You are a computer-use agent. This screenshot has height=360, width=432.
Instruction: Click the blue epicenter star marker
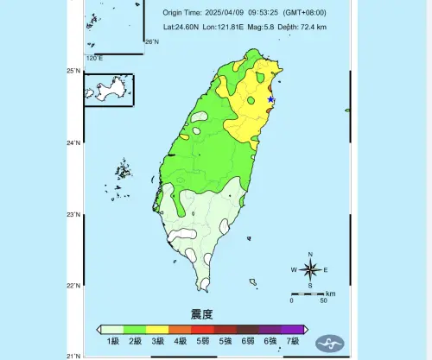pos(270,99)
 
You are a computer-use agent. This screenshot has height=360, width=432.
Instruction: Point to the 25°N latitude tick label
pos(75,71)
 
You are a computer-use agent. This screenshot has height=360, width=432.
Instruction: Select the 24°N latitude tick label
pos(75,142)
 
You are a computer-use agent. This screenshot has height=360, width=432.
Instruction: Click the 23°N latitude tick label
pos(75,214)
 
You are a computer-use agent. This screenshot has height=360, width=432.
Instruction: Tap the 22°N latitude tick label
pos(75,286)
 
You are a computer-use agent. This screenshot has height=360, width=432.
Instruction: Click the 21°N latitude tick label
pos(75,355)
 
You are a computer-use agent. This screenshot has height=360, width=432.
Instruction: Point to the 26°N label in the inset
pos(152,41)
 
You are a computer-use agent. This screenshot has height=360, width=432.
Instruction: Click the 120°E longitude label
pos(94,59)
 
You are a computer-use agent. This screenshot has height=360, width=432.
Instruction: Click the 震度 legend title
pos(201,313)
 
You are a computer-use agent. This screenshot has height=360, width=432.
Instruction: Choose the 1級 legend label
pos(111,342)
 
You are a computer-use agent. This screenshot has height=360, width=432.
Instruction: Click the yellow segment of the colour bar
pos(156,329)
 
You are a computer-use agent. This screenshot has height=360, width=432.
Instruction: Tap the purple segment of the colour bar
pos(292,329)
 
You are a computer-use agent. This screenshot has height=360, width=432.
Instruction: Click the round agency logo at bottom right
pos(327,343)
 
